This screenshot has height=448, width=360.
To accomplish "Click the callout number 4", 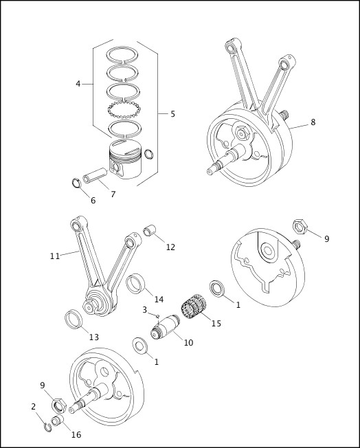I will click(78, 84).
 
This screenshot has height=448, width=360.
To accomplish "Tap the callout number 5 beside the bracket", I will click(172, 113).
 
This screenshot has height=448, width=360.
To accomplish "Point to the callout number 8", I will click(313, 122).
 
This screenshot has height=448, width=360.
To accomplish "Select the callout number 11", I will click(55, 256).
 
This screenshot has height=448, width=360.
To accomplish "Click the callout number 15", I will click(216, 323).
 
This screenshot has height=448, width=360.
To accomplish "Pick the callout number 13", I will click(93, 337).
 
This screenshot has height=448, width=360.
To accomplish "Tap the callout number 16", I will click(76, 435).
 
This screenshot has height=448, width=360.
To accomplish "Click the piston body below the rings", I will click(124, 163).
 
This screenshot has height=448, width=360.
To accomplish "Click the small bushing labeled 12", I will click(148, 230).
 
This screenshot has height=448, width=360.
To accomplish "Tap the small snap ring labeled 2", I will click(47, 427).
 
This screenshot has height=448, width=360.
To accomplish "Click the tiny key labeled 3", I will click(157, 316).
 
